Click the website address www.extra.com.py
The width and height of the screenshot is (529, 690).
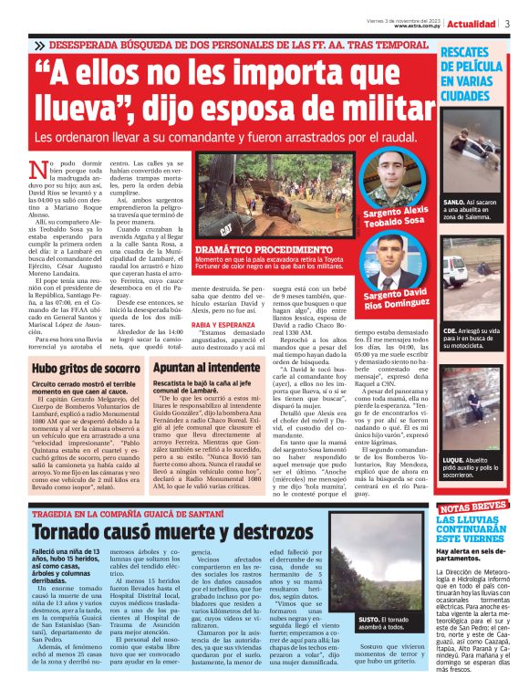[419, 26]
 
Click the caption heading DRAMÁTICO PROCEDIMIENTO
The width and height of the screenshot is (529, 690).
[251, 248]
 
